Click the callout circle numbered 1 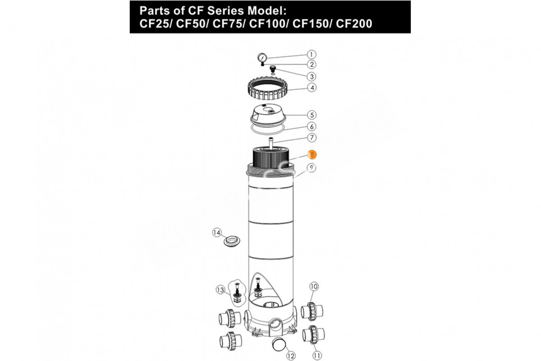point(312,55)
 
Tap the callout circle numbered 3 point(312,77)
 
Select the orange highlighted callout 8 point(312,154)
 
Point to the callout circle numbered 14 point(217,232)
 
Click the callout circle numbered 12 point(291,356)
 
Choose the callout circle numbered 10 point(314,287)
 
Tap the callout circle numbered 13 point(220,290)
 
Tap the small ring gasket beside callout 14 point(232,241)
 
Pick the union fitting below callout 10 point(312,312)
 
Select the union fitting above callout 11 point(313,334)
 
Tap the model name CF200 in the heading point(354,24)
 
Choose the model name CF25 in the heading point(154,24)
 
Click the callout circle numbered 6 point(312,126)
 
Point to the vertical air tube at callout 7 point(271,144)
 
